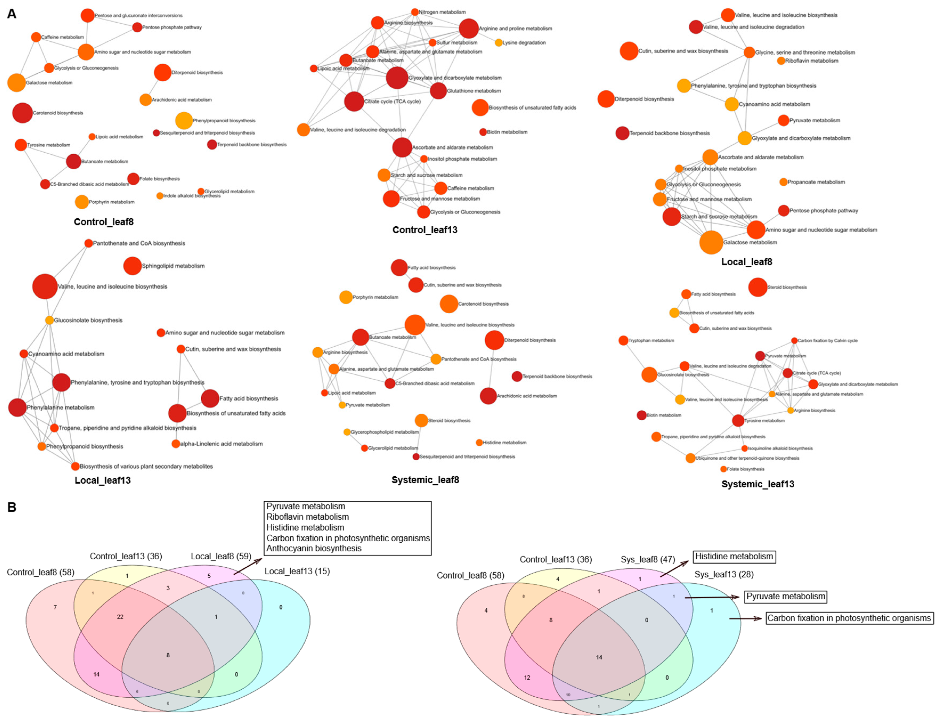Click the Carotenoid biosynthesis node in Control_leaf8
22,113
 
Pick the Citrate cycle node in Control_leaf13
354,101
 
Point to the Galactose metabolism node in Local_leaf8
711,242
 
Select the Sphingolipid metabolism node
132,266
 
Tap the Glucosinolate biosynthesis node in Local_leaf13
50,320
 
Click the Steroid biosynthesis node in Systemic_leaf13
758,287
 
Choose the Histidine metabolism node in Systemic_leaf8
479,442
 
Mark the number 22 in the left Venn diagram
120,617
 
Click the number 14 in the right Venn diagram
599,657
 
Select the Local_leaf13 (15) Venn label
297,571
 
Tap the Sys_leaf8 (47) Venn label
647,559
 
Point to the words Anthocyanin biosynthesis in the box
314,548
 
